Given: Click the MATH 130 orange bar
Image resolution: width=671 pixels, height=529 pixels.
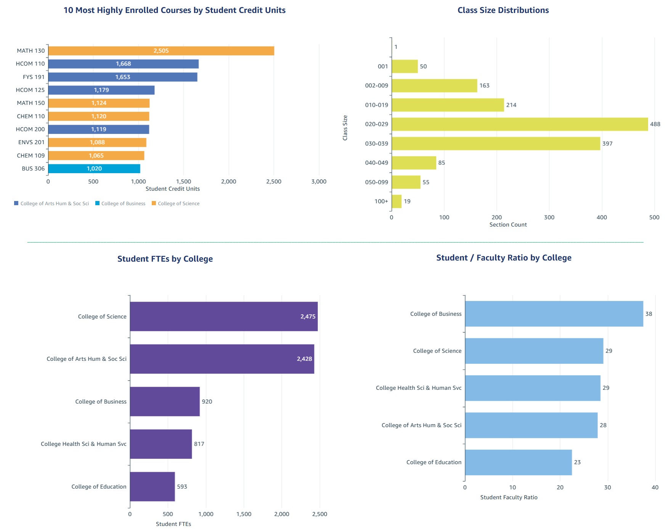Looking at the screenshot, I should (x=161, y=51).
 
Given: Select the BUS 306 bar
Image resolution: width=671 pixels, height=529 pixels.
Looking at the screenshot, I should (x=94, y=169).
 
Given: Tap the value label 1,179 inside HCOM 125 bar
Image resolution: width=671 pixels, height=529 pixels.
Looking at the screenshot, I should (x=101, y=90).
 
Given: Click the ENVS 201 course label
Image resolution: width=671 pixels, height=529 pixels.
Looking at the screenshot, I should (x=31, y=142).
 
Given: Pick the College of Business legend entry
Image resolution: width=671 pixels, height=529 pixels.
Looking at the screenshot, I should (x=123, y=204).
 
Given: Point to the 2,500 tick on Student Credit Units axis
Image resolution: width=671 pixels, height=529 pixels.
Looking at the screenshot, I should (x=274, y=182).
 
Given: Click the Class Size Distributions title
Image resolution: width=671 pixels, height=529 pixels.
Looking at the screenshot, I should (x=503, y=10).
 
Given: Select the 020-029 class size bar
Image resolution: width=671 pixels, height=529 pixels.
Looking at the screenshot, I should (x=519, y=124).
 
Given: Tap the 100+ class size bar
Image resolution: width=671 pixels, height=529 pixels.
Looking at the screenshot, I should (x=396, y=201).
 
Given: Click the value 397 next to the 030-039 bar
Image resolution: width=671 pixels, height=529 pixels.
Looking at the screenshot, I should (x=607, y=144).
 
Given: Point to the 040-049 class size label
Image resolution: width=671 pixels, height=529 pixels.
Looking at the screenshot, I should (x=376, y=163).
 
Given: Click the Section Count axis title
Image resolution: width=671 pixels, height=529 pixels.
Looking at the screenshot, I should (x=508, y=225).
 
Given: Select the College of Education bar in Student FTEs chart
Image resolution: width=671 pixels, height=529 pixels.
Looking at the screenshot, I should (x=152, y=487).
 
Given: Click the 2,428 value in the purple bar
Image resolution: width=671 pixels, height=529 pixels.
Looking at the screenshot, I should (x=304, y=359).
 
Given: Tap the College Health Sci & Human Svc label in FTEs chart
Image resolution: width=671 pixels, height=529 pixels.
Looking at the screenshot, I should (x=83, y=444).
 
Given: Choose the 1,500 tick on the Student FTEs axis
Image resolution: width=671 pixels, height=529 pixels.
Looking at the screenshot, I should (x=244, y=514).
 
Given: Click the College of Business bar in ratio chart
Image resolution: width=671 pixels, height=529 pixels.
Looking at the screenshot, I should (x=554, y=314).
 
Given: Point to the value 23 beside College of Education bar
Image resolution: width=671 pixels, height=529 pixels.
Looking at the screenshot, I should (x=577, y=462).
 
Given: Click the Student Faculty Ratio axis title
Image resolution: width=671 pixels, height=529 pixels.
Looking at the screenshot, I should (x=509, y=497).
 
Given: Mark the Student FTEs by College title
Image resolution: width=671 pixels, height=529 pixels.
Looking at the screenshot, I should (x=165, y=259).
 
